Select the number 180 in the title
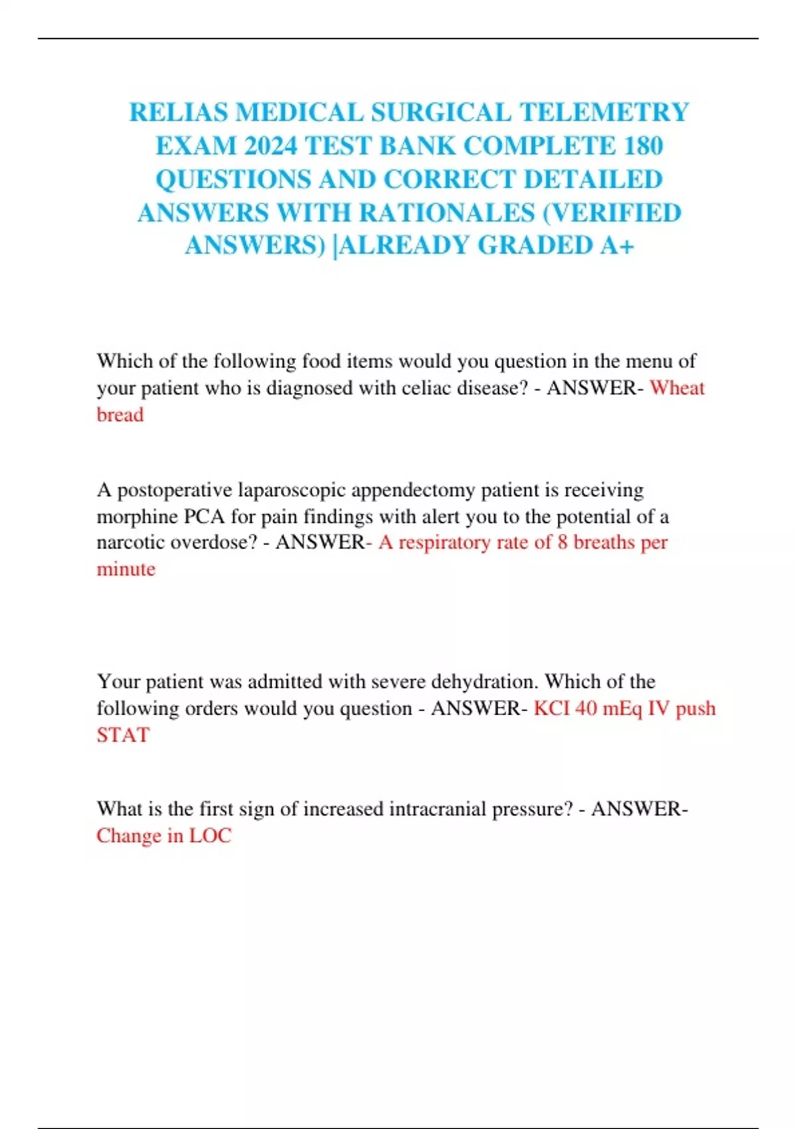(644, 145)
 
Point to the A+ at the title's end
(617, 245)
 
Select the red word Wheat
(677, 387)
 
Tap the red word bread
(120, 414)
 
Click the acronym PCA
(205, 516)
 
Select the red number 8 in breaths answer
(562, 542)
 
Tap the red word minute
(126, 569)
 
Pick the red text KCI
(551, 708)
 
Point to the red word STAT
(123, 735)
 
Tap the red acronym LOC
(210, 835)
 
